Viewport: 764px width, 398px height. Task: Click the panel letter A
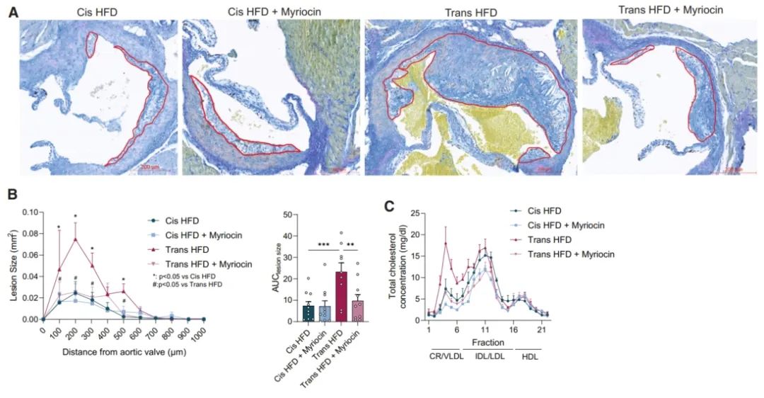pos(12,12)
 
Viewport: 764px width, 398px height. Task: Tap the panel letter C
pos(388,206)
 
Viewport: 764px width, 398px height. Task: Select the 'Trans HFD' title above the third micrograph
pos(470,12)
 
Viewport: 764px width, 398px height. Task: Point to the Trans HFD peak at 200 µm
pos(75,239)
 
